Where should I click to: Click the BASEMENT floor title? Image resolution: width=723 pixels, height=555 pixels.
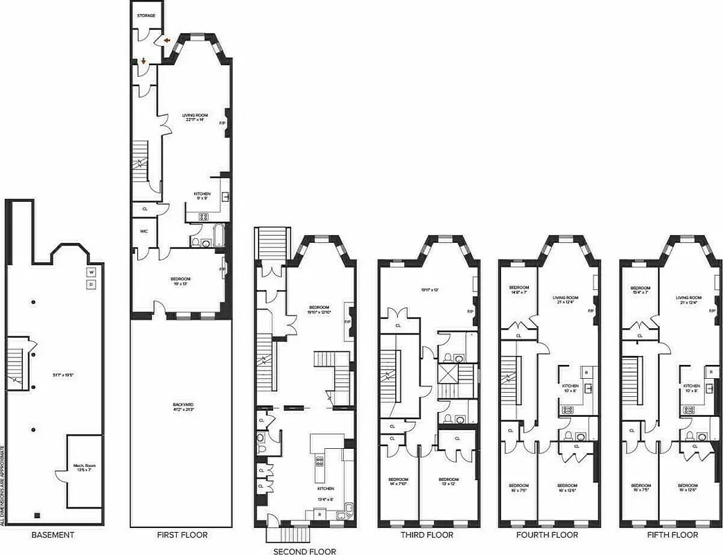[x=53, y=535]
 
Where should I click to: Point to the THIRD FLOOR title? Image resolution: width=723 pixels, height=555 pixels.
[x=427, y=535]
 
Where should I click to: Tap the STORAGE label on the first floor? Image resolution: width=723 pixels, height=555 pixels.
[x=146, y=15]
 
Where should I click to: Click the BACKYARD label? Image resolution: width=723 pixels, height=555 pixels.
[x=182, y=407]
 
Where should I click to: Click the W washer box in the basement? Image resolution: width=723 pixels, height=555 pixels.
[x=90, y=272]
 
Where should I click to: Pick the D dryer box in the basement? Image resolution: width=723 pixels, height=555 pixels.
[x=90, y=284]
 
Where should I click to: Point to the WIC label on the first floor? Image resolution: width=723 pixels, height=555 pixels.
[x=144, y=230]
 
